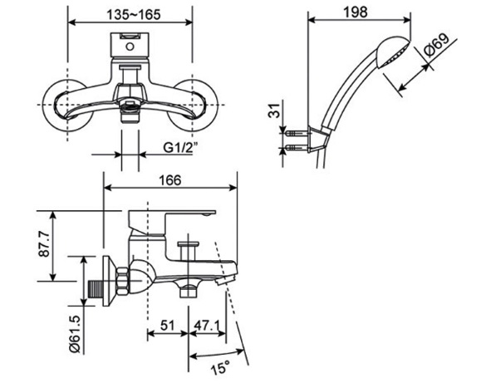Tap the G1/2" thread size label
179,148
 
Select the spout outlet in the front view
130,111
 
